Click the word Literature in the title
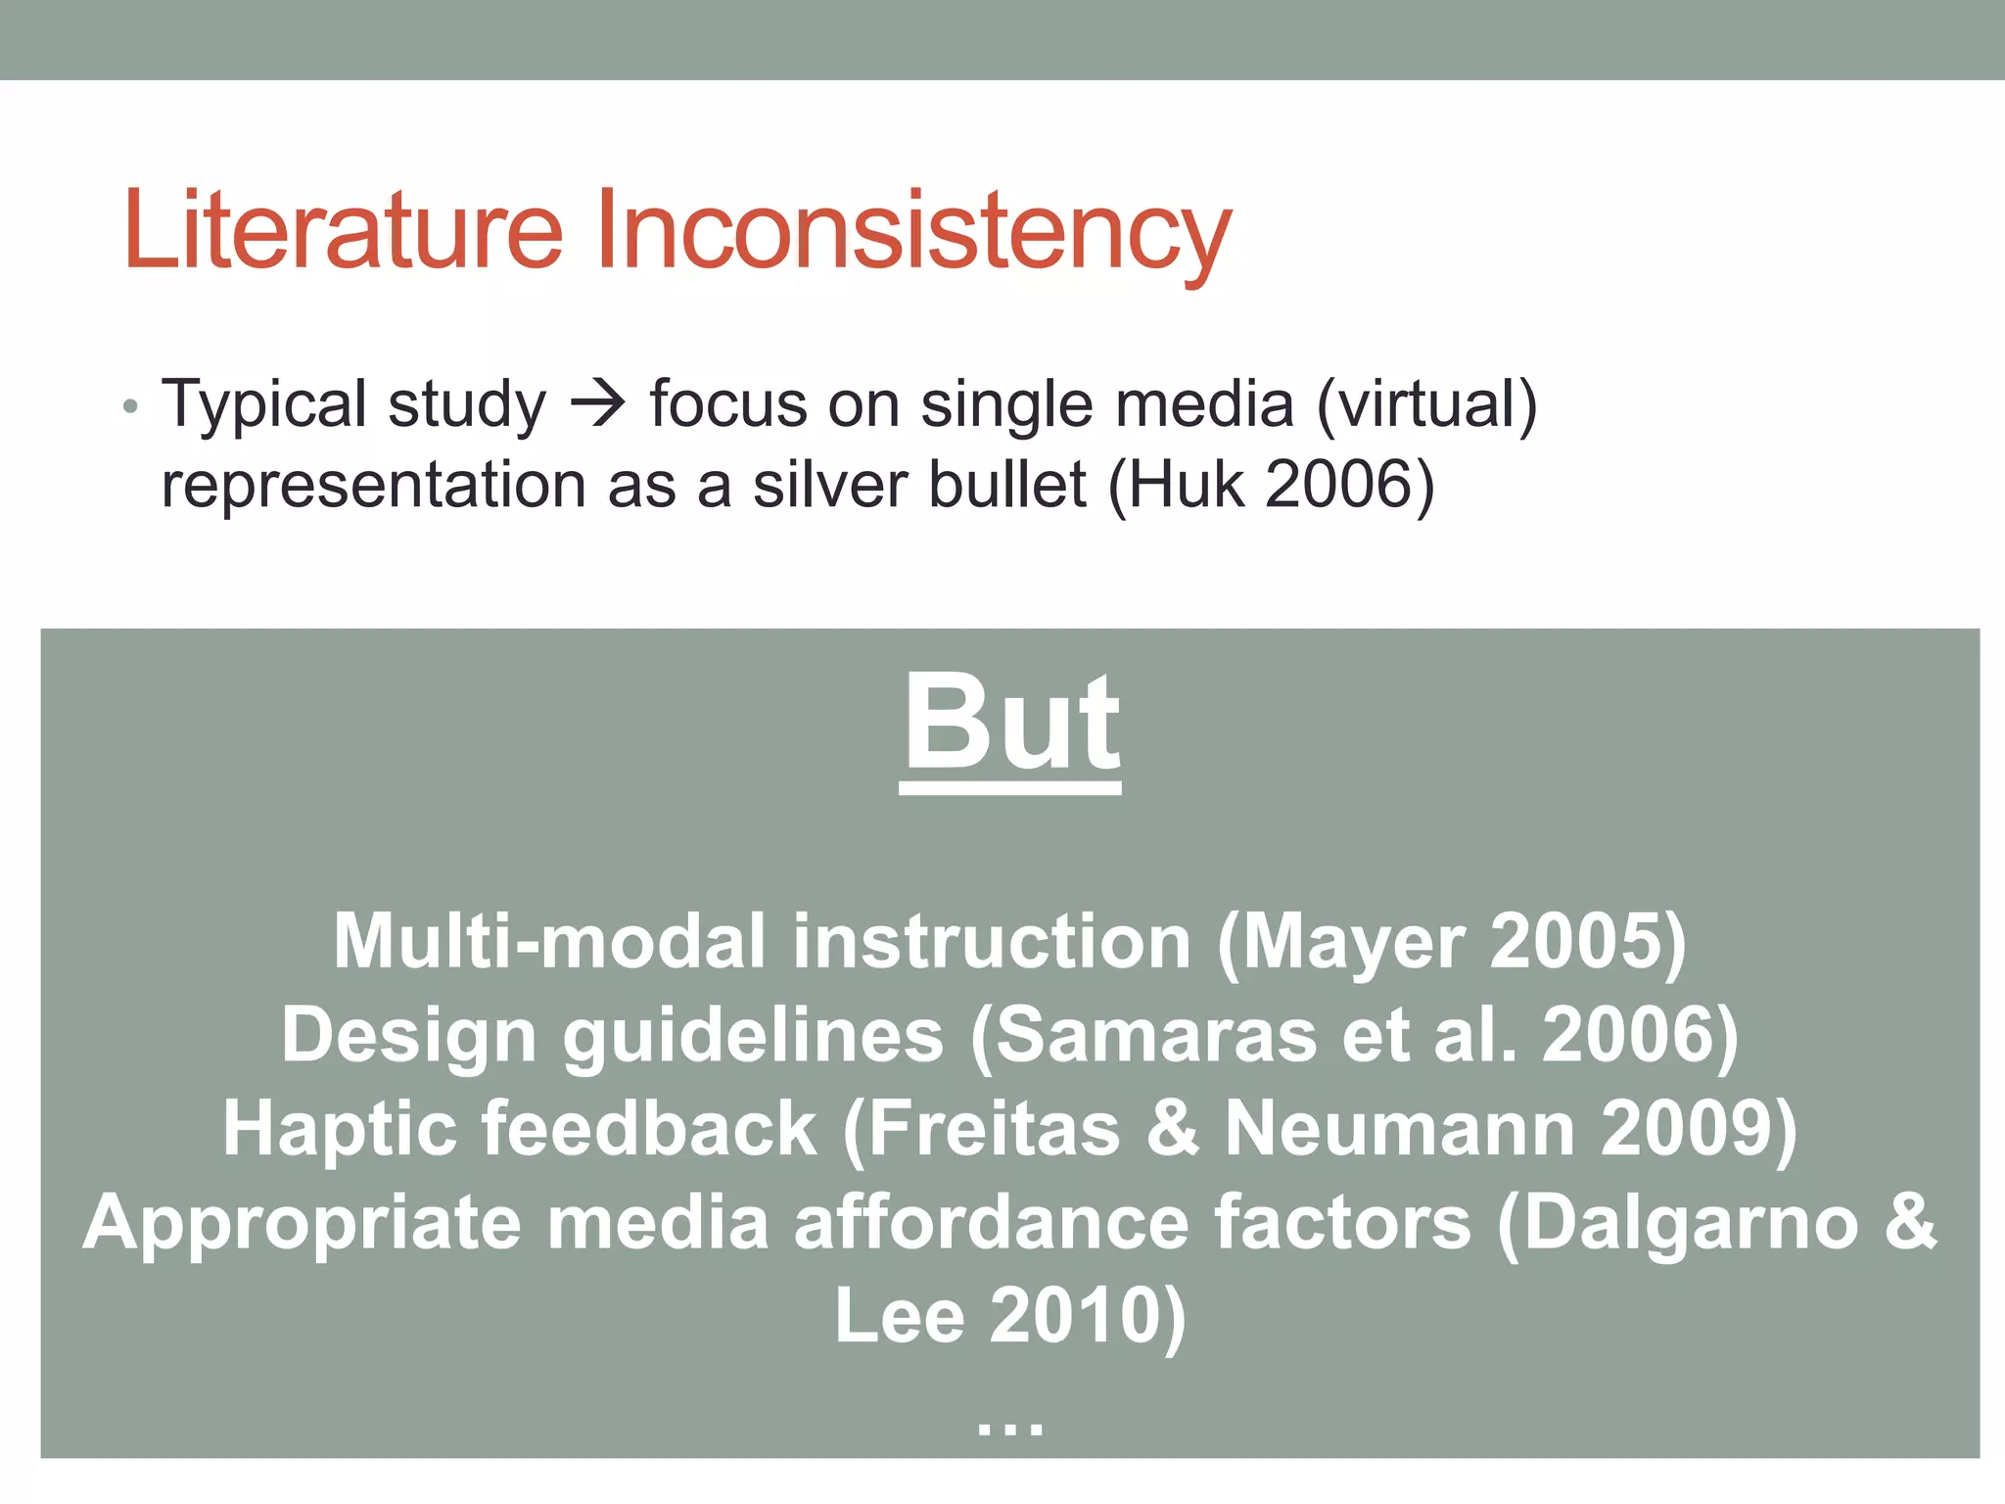click(343, 230)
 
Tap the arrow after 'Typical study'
click(597, 403)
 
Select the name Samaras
click(1155, 1036)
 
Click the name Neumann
click(1400, 1129)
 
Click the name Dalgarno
click(1689, 1224)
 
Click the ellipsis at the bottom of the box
click(1010, 1428)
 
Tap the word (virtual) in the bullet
click(1426, 403)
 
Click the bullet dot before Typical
click(131, 406)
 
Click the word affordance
click(991, 1224)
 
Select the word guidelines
click(752, 1036)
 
